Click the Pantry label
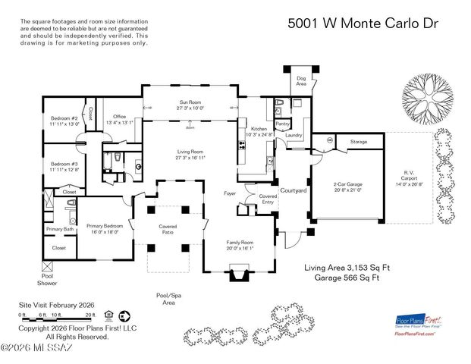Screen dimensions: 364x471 [x=282, y=123]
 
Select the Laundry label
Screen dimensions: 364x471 [x=294, y=135]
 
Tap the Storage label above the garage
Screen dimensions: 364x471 [x=359, y=142]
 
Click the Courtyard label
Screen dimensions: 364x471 [x=293, y=190]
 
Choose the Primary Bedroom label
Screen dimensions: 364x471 [x=103, y=227]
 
